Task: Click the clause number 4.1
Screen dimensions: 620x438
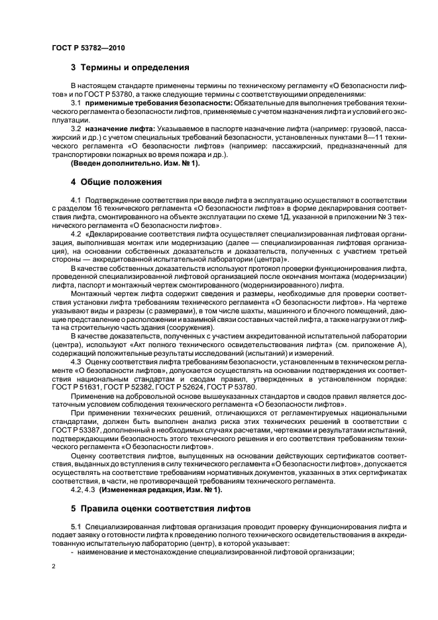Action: click(x=76, y=199)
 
